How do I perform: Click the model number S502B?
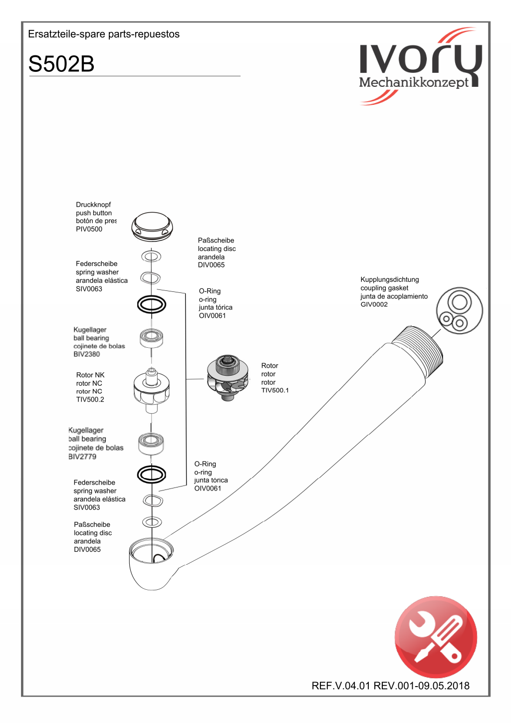[61, 64]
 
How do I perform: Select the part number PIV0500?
[89, 229]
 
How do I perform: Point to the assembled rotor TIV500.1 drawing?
[228, 377]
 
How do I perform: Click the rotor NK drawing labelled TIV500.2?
[151, 389]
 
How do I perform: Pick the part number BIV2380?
[86, 354]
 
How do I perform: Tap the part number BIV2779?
[82, 457]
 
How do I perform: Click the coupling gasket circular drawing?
[459, 310]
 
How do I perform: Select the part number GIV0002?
[374, 304]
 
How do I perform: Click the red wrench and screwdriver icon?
[436, 637]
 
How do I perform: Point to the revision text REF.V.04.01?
[341, 686]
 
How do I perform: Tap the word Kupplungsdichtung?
[389, 279]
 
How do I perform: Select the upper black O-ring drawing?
[151, 304]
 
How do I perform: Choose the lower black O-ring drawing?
[151, 475]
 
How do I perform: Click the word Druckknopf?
[93, 205]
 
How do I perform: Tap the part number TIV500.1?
[274, 390]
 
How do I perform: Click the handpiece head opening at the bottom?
[151, 551]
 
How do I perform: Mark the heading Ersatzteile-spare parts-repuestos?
[104, 34]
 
